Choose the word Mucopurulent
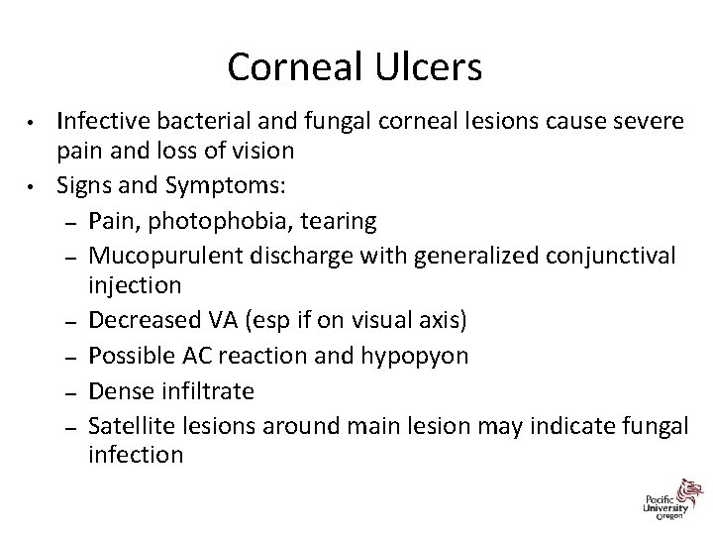point(166,256)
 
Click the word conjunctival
point(603,256)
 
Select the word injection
point(135,285)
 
